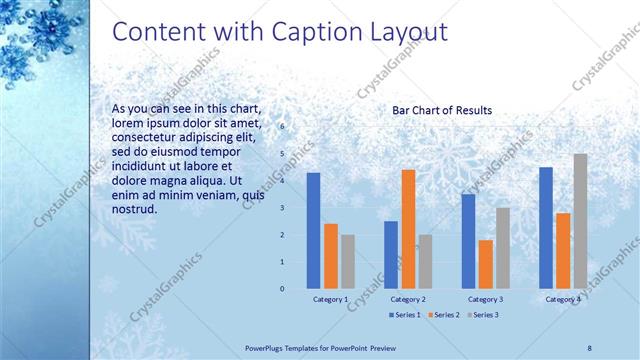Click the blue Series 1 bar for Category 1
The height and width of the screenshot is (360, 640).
[x=314, y=230]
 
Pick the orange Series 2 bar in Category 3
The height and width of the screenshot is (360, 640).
[x=485, y=264]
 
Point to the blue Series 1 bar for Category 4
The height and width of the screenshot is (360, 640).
[x=545, y=227]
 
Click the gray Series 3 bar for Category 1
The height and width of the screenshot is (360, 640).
[x=348, y=261]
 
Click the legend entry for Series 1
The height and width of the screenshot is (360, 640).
[x=403, y=315]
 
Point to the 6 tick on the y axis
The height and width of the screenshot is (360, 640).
[x=282, y=127]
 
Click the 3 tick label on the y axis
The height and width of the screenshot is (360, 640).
[x=282, y=208]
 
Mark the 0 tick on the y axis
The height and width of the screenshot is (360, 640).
[x=282, y=289]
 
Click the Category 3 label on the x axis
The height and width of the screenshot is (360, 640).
[x=485, y=299]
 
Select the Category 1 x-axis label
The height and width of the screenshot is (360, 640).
[x=331, y=299]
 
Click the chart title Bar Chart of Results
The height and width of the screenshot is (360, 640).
[x=442, y=111]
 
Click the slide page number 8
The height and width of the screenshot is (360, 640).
[x=590, y=346]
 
